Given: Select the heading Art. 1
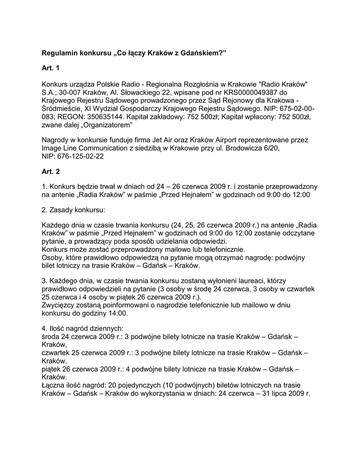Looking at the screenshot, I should pyautogui.click(x=51, y=68).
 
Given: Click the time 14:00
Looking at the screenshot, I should pyautogui.click(x=117, y=314).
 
